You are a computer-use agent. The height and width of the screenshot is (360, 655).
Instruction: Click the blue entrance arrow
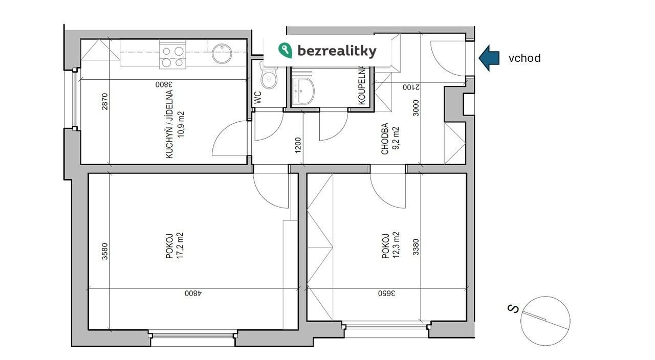pos(489,58)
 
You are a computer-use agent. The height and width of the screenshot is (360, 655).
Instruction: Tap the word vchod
pos(525,58)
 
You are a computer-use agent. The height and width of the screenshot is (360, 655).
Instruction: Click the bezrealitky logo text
pos(337,51)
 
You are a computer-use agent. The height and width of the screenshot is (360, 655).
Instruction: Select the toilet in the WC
pos(269,76)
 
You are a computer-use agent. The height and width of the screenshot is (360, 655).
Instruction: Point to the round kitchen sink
pos(222,54)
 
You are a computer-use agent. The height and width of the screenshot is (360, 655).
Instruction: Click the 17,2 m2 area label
pos(180,245)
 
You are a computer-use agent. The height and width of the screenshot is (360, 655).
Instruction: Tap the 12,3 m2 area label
pos(396,245)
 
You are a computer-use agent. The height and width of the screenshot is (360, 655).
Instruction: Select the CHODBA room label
pos(385,139)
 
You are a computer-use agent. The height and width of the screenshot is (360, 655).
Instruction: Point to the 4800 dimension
pos(193,293)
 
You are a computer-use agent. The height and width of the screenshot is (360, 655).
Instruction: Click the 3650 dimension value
pos(386,293)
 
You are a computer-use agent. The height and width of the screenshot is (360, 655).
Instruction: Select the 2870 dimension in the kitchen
pos(105,102)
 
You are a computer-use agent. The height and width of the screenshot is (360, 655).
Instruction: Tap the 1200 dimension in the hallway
pos(298,145)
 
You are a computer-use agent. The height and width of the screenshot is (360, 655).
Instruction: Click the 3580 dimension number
pos(105,251)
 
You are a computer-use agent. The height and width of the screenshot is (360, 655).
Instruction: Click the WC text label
pos(258,98)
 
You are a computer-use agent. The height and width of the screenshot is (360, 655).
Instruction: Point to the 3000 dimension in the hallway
pos(416,108)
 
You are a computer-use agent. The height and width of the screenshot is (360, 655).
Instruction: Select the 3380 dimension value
pos(416,247)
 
